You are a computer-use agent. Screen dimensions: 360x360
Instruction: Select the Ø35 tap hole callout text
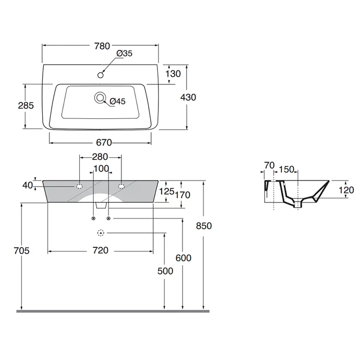(x=125, y=53)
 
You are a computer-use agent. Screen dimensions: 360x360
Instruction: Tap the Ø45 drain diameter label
(x=118, y=101)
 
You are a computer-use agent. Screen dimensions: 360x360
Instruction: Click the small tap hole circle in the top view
(x=101, y=75)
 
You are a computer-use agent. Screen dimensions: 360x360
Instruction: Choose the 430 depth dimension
(x=189, y=97)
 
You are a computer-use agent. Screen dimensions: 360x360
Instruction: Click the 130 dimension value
(x=173, y=74)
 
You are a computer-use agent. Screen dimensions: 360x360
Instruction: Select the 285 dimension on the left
(x=26, y=105)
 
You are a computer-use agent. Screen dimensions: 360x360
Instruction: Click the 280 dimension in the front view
(x=100, y=156)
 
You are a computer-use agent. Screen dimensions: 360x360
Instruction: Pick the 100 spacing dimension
(x=101, y=169)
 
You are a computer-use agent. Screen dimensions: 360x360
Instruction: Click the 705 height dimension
(x=22, y=250)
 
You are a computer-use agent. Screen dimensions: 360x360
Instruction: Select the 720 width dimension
(x=100, y=250)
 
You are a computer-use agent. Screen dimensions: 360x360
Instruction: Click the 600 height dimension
(x=183, y=258)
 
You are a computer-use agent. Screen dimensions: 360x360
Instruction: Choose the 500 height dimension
(x=165, y=271)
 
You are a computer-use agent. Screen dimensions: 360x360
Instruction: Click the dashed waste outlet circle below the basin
(x=101, y=233)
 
